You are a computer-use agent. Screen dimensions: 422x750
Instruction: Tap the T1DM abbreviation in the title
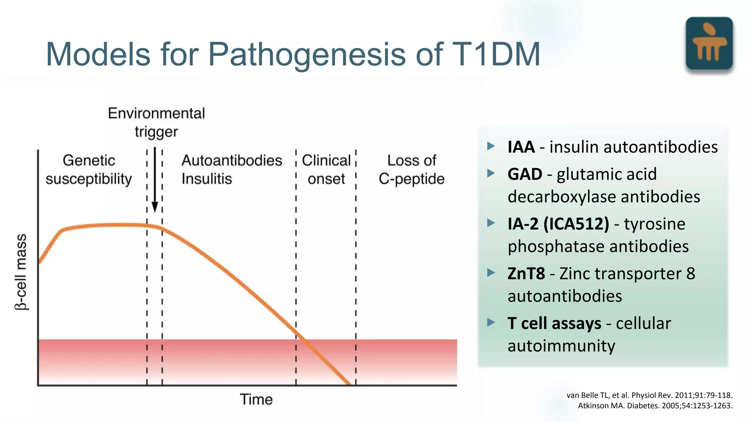coord(496,54)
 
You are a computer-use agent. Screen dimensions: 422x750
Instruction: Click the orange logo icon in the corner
coord(709,43)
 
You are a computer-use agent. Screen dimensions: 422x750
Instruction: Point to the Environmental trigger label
coord(156,122)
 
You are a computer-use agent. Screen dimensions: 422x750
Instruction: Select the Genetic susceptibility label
coord(89,170)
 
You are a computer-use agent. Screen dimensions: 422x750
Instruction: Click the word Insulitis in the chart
coord(207,179)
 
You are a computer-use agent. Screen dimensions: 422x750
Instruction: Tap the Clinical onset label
coord(326,170)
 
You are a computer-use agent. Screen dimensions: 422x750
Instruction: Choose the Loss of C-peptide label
coord(412,170)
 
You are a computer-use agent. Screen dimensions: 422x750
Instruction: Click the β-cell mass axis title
coord(21,272)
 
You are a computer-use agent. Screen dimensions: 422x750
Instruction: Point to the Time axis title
coord(256,400)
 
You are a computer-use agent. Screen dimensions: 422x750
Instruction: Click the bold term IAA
coord(521,147)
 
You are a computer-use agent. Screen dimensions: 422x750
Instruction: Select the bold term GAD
coord(525,174)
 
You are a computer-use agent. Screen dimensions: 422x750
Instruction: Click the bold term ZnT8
coord(526,274)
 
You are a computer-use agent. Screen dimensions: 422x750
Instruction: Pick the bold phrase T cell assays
coord(554,323)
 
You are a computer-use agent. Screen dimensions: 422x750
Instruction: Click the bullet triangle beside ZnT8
coord(491,273)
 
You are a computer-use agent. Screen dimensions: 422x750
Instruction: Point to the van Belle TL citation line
coord(649,395)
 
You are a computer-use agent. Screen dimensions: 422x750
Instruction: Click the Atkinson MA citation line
coord(655,406)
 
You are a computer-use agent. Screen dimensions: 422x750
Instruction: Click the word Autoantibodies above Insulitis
coord(232,160)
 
